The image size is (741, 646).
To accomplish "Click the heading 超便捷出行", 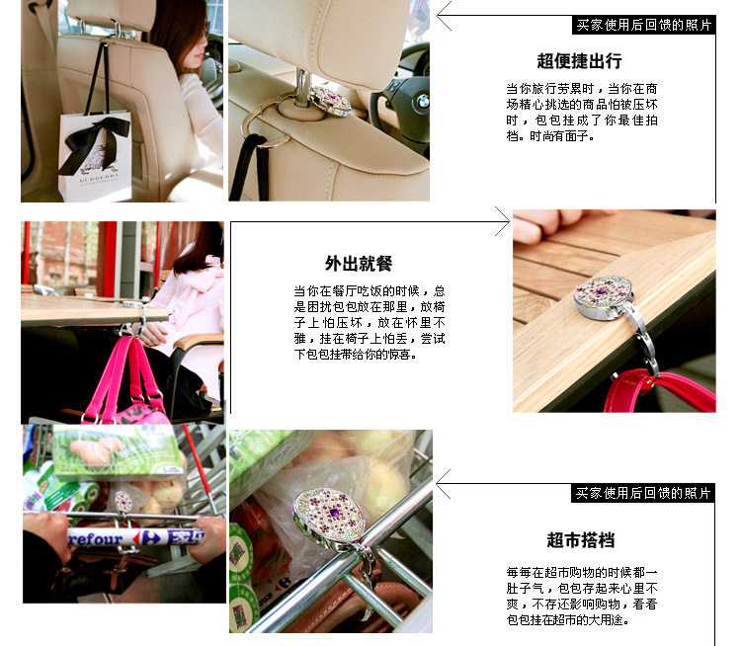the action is click(579, 61).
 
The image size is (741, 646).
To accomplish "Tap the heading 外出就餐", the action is click(359, 263).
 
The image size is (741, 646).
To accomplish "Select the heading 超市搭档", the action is click(580, 539).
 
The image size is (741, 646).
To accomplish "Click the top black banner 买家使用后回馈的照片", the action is click(643, 25).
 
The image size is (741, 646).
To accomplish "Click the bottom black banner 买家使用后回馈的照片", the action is click(643, 493).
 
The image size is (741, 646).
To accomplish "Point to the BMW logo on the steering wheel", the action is click(422, 101).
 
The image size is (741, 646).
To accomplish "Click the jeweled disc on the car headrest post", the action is click(329, 100).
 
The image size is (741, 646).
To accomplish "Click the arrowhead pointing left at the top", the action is click(445, 16).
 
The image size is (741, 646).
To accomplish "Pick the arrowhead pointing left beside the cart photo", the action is click(444, 484).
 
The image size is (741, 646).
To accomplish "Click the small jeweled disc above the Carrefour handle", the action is click(123, 503).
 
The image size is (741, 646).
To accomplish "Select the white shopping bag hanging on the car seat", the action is click(95, 156).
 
